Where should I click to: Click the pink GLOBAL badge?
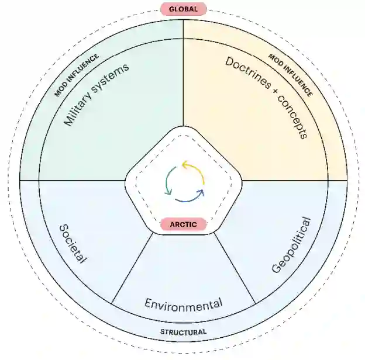[183, 9]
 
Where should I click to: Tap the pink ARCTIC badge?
[183, 224]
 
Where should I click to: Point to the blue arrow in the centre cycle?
[190, 197]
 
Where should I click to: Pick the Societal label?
[73, 243]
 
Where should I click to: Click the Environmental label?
[183, 304]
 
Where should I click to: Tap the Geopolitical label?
[291, 245]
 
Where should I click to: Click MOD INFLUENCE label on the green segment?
[77, 75]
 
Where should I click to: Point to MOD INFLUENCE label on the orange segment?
[290, 75]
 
